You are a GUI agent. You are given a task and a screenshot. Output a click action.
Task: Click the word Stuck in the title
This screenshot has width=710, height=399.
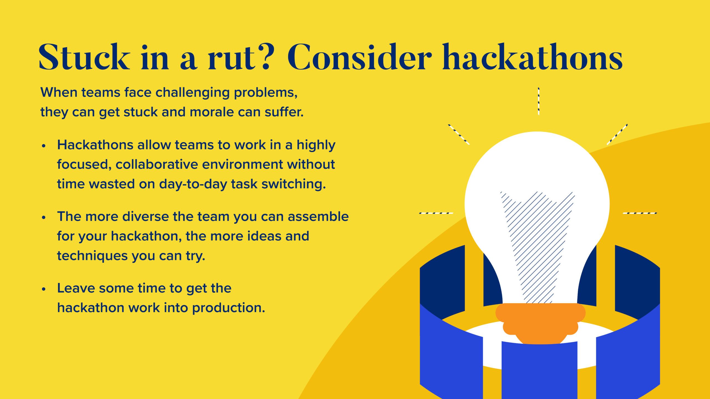click(84, 57)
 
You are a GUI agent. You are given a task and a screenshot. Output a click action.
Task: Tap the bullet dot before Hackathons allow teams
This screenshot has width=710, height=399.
click(43, 146)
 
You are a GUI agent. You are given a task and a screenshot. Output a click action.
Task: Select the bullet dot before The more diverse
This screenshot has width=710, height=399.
click(43, 218)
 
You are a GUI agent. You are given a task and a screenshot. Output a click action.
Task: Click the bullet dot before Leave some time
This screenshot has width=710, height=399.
click(43, 290)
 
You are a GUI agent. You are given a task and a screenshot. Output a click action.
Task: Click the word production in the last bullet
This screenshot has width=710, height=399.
click(229, 308)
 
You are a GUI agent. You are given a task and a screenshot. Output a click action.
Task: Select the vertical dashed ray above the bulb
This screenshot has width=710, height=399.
click(539, 101)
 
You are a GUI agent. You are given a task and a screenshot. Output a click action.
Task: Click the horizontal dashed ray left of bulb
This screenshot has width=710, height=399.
click(436, 213)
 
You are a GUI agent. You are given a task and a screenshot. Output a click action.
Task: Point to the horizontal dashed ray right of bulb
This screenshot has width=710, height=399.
click(640, 213)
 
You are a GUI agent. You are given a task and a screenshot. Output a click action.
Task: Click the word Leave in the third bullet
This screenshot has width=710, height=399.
click(76, 288)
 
